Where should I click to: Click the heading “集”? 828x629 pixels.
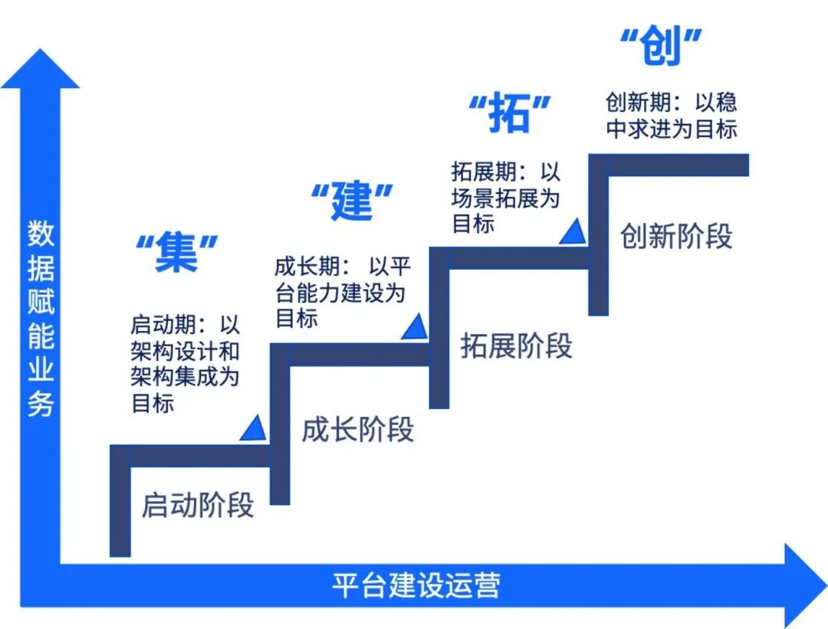coord(177,253)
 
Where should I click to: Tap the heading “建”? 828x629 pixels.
coord(352,201)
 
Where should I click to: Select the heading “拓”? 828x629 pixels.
coord(510,114)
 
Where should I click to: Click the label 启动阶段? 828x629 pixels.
coord(197,506)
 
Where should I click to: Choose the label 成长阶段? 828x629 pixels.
coord(357,429)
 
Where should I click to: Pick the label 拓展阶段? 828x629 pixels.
coord(516,346)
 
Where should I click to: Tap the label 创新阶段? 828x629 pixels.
coord(675,236)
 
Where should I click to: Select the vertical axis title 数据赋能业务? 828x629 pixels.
coord(41,318)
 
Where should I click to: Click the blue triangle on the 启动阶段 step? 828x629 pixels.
coord(252,429)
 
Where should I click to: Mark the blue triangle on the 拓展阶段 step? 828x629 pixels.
coord(572,231)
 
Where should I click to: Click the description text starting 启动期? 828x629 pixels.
coord(186,363)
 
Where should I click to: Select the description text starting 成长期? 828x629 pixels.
coord(342,292)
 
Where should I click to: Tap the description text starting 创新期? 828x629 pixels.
coord(671,116)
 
